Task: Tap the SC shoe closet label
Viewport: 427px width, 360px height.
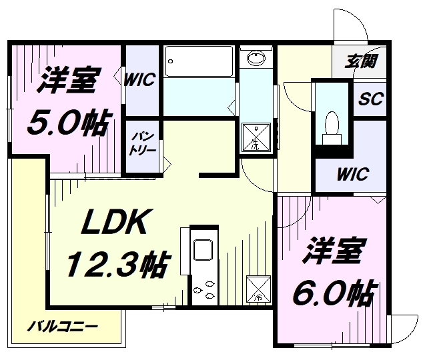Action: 371,99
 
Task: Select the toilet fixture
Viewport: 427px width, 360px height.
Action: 332,125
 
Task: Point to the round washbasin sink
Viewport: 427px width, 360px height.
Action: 255,59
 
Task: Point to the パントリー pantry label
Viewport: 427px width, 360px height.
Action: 143,144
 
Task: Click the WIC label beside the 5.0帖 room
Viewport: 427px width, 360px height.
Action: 139,80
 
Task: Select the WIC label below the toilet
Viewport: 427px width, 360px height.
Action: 352,175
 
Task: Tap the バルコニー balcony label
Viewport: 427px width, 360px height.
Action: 63,327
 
